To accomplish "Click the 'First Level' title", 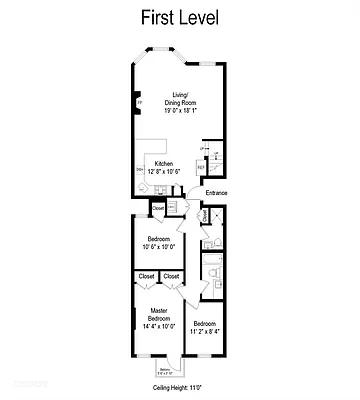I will pyautogui.click(x=181, y=19).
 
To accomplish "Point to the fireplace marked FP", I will pyautogui.click(x=140, y=102).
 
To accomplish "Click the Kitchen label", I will pyautogui.click(x=164, y=163).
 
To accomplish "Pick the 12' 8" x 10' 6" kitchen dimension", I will pyautogui.click(x=163, y=170).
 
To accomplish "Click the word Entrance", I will pyautogui.click(x=216, y=192).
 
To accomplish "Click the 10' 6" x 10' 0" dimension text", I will pyautogui.click(x=159, y=247).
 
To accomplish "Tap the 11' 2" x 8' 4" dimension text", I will pyautogui.click(x=204, y=330).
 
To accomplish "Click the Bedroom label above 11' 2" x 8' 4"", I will pyautogui.click(x=204, y=322).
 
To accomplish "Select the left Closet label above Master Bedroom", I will pyautogui.click(x=146, y=276).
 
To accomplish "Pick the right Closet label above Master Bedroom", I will pyautogui.click(x=171, y=276).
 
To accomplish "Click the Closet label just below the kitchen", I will pyautogui.click(x=158, y=207).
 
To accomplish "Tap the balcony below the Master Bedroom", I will pyautogui.click(x=166, y=368).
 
